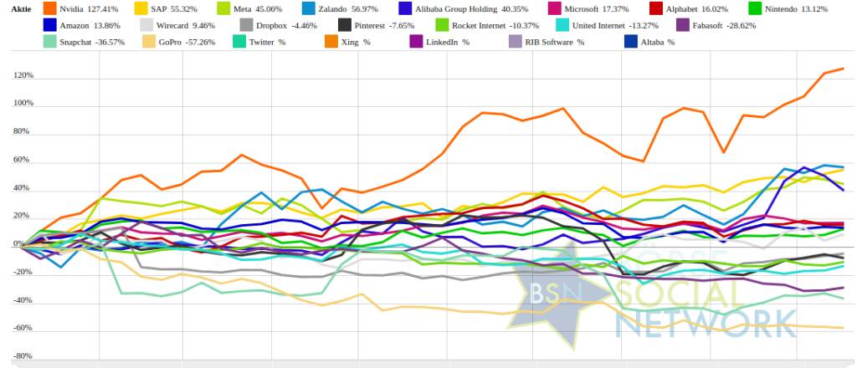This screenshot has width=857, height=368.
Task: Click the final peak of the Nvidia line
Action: [x=843, y=69]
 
